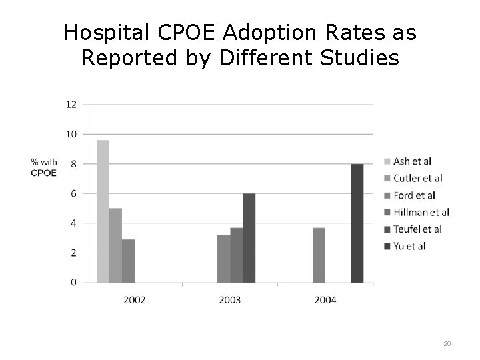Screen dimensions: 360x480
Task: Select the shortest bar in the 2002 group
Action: [128, 261]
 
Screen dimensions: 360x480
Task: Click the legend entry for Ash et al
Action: [412, 161]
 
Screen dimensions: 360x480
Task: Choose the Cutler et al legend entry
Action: [417, 178]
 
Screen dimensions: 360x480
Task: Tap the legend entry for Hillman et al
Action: [421, 212]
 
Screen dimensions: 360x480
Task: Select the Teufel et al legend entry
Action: [417, 229]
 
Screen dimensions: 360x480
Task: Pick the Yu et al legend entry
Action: [409, 246]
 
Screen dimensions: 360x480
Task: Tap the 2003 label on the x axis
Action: [230, 300]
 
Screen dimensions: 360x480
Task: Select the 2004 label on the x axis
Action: [325, 300]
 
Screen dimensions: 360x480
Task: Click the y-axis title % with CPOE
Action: [44, 167]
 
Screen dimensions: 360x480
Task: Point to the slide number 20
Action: [447, 343]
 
